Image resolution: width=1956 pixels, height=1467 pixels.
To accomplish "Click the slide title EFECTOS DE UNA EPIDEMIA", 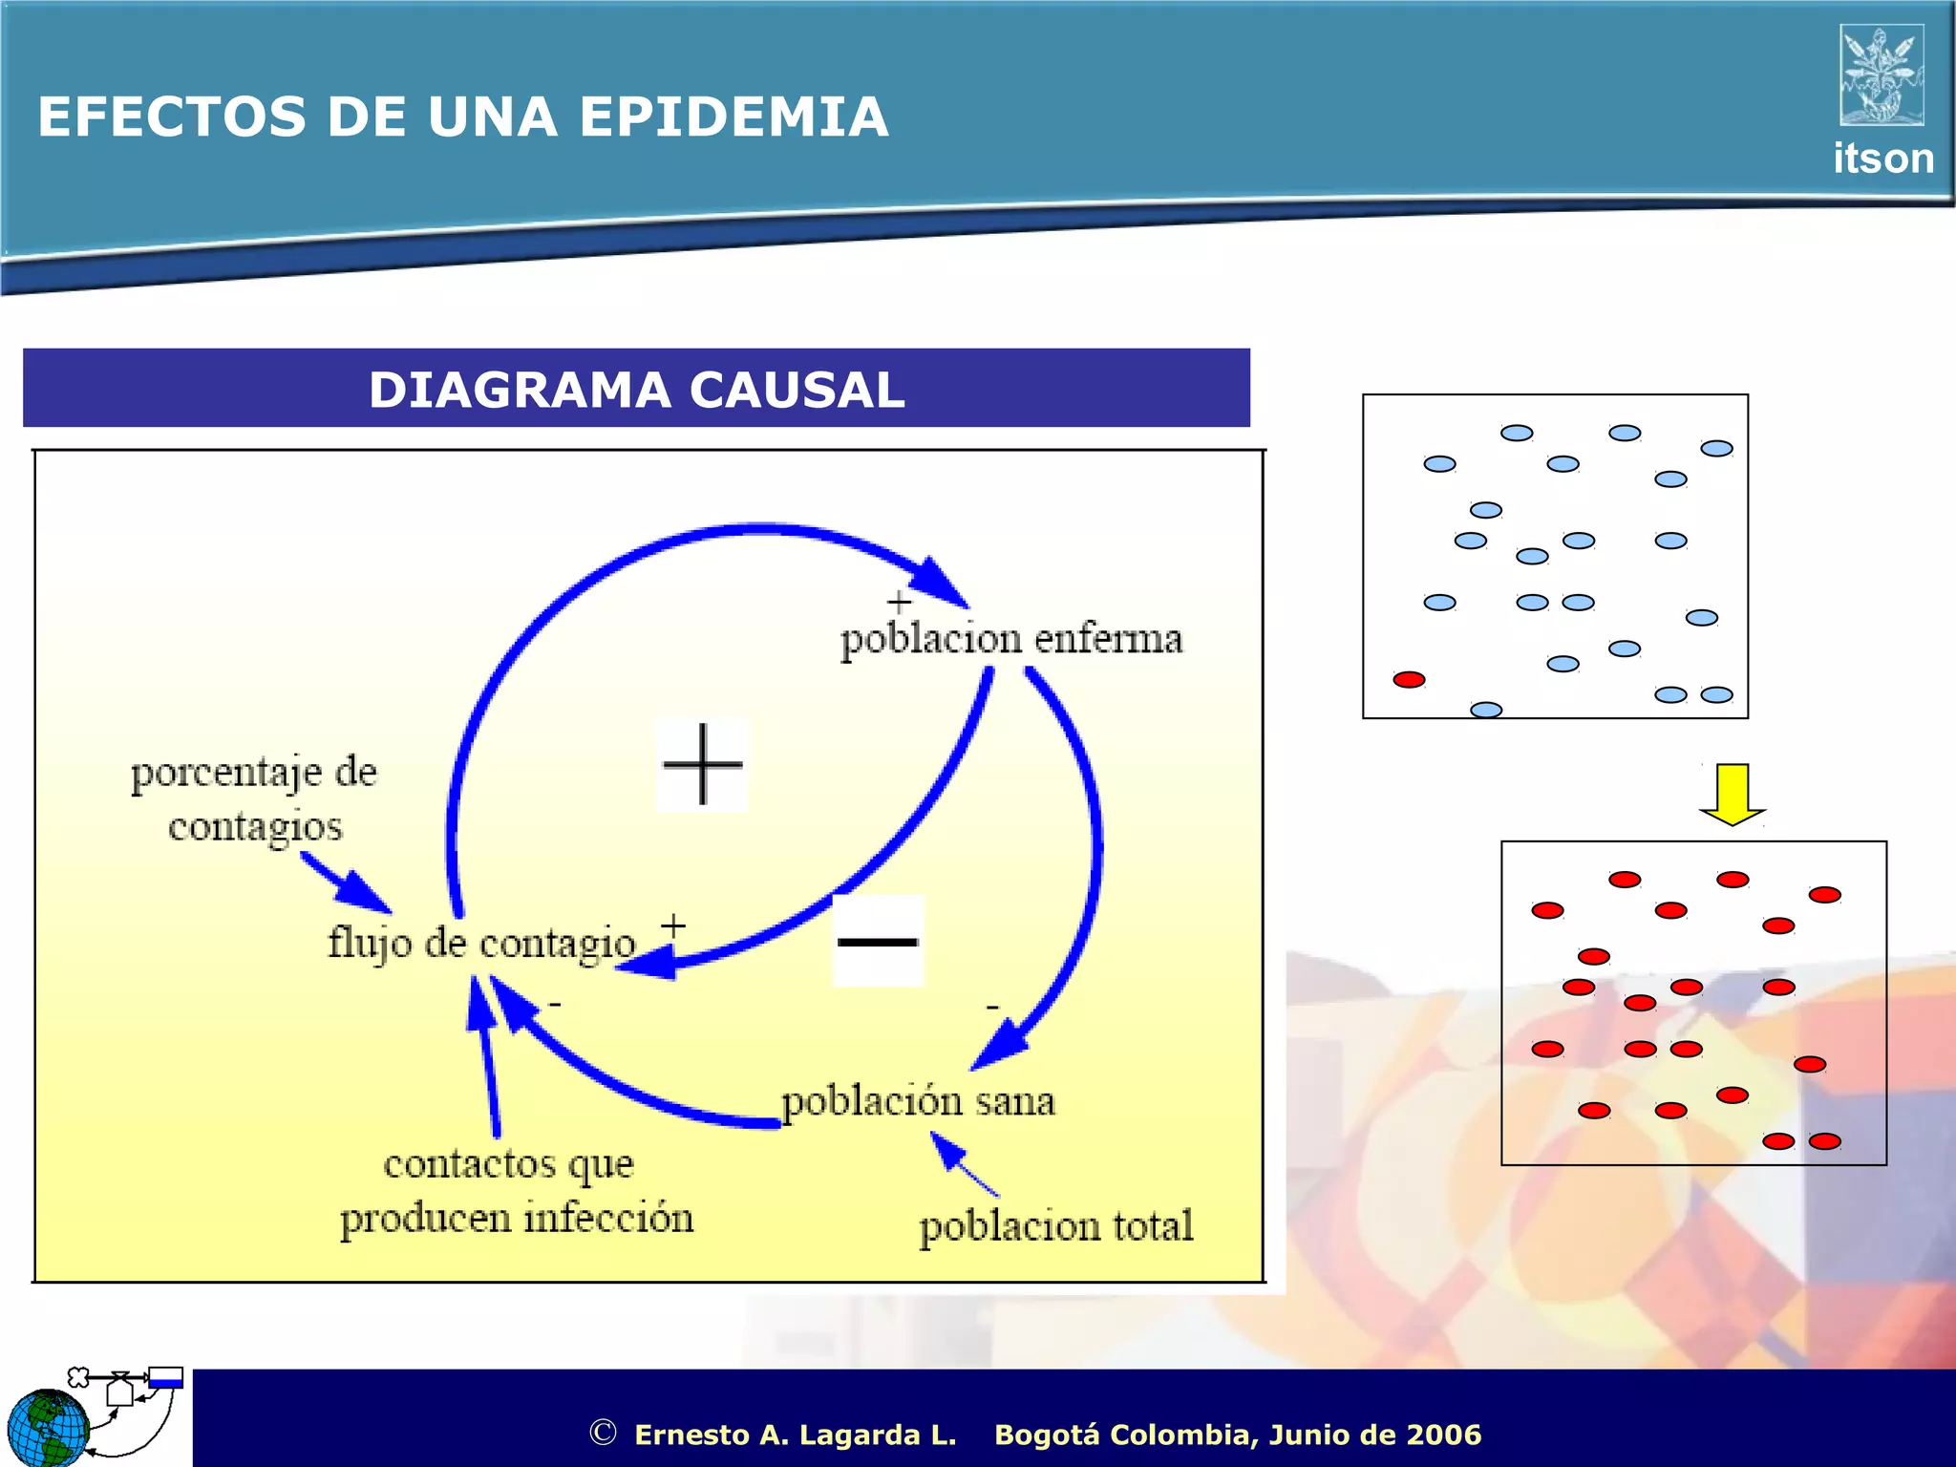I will point(462,117).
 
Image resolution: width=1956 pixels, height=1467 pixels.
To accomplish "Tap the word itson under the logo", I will point(1882,159).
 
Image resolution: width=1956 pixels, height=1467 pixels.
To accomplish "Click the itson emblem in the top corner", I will point(1882,74).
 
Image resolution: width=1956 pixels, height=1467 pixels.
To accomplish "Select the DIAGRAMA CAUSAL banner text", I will point(636,390).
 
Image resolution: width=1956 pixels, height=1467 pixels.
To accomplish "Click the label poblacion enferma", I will point(1010,639).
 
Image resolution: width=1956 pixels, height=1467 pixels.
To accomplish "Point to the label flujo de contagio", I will point(481,944).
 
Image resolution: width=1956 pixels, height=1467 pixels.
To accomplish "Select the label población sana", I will point(918,1101).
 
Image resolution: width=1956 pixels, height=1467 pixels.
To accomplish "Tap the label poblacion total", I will point(1055,1226).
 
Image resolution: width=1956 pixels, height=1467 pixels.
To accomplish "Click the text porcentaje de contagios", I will point(254,798).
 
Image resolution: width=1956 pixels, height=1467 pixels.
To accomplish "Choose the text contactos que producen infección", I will point(516,1191).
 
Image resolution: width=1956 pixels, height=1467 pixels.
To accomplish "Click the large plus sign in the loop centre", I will point(702,764).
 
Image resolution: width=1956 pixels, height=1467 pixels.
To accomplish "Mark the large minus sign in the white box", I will point(878,942).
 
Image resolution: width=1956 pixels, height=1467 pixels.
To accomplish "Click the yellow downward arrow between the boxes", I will point(1732,794).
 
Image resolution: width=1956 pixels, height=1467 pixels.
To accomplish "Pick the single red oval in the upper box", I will point(1409,680).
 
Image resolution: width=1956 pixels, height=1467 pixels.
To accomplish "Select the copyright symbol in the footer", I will point(603,1433).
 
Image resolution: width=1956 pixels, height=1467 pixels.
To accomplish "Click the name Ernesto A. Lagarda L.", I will point(795,1435).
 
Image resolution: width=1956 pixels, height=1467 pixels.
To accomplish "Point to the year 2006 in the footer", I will point(1444,1435).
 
